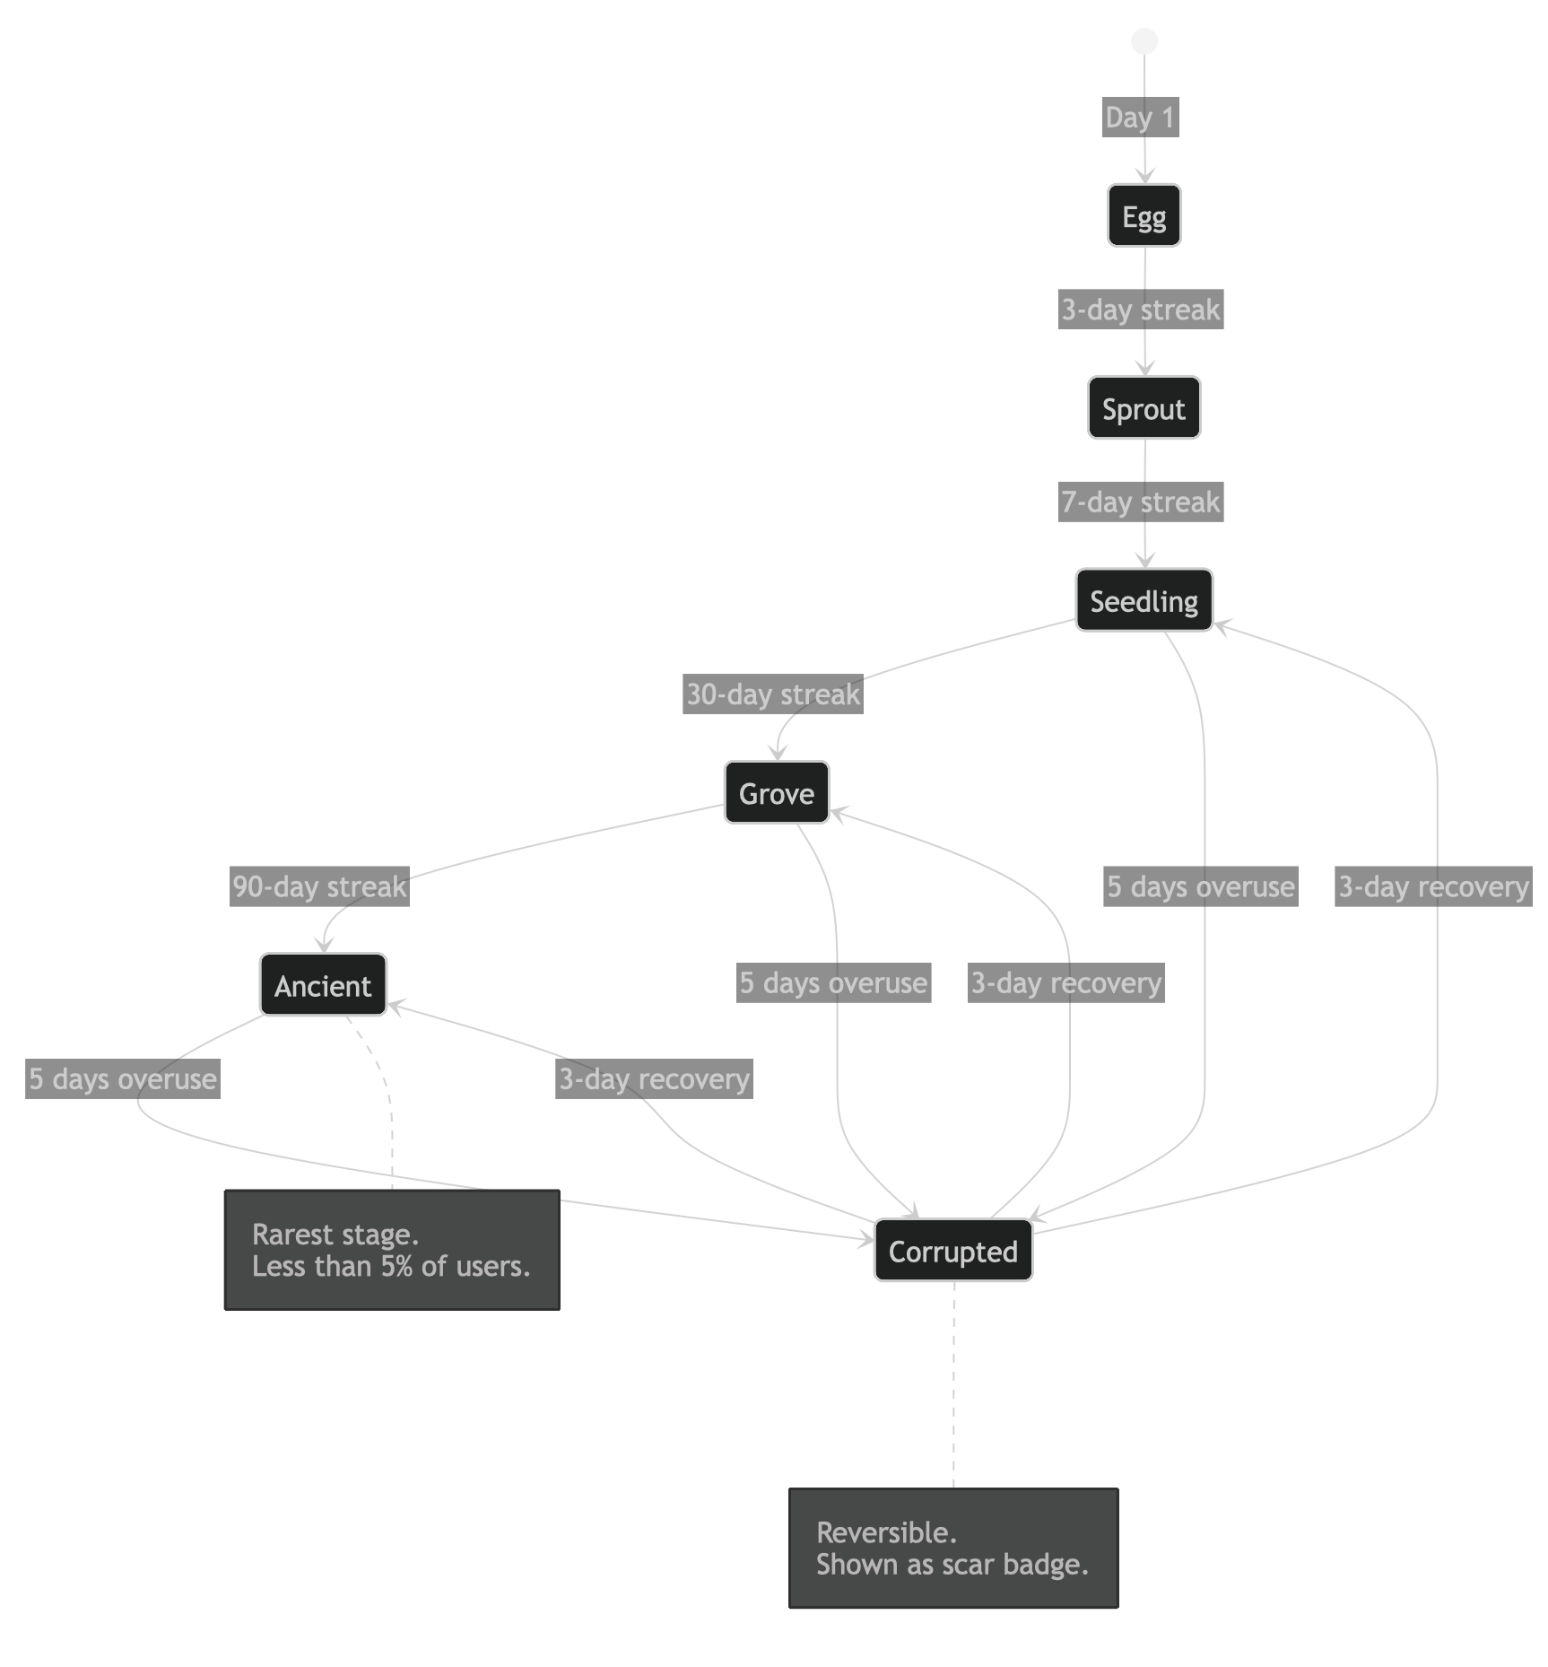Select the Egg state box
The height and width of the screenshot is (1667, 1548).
click(x=1144, y=216)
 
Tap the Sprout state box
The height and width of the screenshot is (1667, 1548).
click(x=1144, y=408)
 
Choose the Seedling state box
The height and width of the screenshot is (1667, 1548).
click(x=1144, y=600)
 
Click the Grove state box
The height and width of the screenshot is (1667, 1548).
click(x=777, y=793)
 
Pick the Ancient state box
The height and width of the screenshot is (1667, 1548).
click(x=323, y=985)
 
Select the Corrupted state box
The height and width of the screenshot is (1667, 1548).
click(x=952, y=1251)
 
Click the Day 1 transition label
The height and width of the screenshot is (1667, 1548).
click(x=1140, y=118)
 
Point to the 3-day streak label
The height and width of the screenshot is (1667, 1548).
click(x=1141, y=310)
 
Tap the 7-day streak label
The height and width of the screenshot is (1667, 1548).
click(x=1141, y=502)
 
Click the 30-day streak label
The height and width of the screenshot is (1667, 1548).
click(x=773, y=694)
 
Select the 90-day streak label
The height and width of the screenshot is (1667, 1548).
click(x=319, y=886)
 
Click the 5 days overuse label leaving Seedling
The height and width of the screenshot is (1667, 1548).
click(x=1201, y=886)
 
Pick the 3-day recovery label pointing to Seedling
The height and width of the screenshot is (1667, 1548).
click(x=1433, y=886)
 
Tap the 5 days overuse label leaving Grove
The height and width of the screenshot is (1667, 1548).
click(x=833, y=982)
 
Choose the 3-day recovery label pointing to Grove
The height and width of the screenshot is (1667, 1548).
click(x=1066, y=982)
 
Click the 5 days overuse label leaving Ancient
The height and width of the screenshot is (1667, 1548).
click(x=123, y=1078)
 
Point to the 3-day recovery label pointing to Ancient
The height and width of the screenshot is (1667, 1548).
click(x=654, y=1078)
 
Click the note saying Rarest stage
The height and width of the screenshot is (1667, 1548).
click(x=392, y=1250)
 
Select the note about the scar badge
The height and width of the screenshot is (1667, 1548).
click(x=953, y=1549)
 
